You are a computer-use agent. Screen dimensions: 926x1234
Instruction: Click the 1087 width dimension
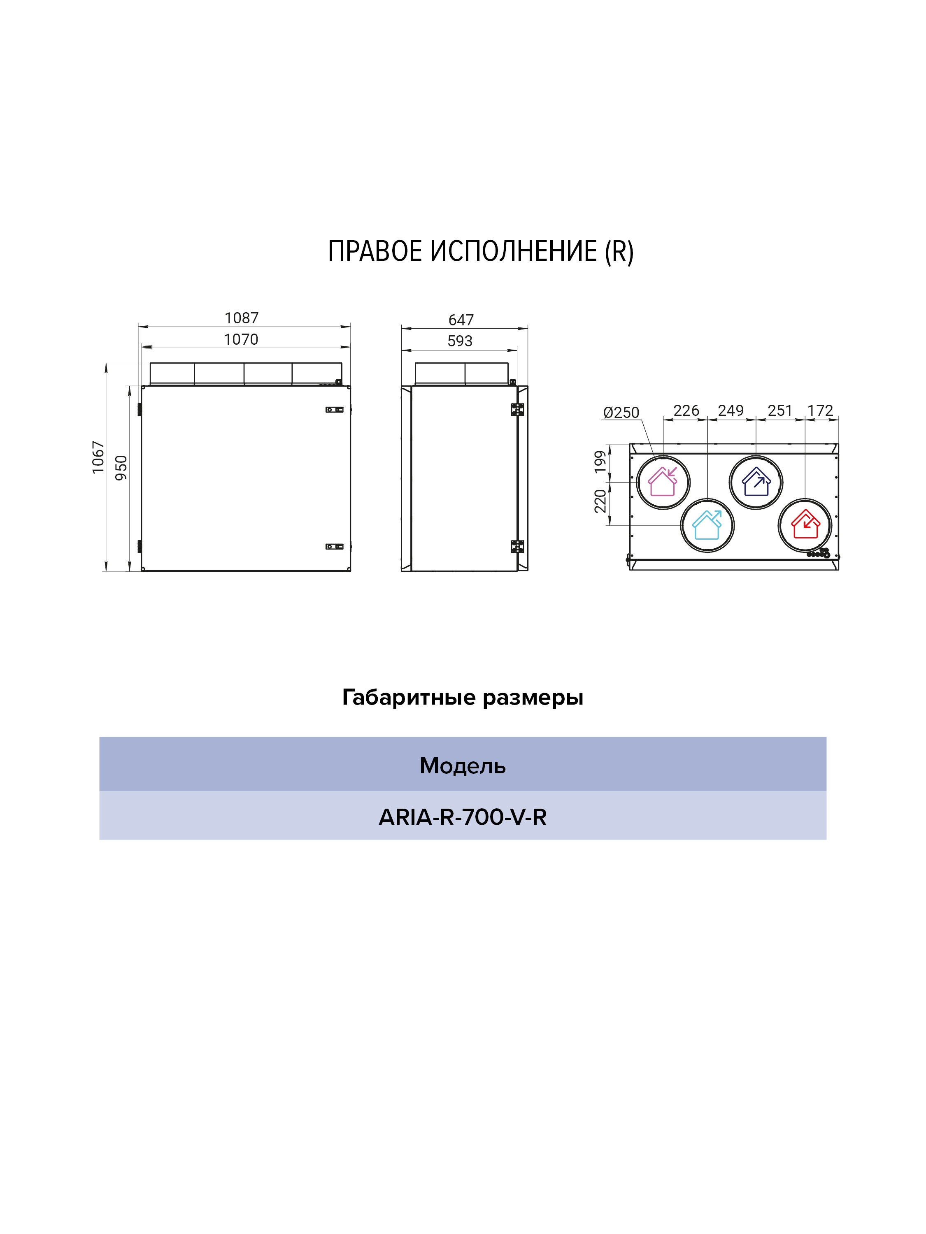(x=241, y=318)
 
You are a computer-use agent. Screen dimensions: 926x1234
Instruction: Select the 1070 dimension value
(x=241, y=339)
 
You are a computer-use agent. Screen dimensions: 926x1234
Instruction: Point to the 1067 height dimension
(x=98, y=457)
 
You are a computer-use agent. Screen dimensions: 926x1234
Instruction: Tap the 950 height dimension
(x=121, y=468)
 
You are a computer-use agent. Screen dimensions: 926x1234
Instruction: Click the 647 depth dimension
(x=461, y=320)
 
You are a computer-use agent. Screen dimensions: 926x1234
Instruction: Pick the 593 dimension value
(x=460, y=341)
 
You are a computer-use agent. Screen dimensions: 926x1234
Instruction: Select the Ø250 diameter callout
(x=621, y=413)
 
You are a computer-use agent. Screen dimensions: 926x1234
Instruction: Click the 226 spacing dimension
(x=686, y=411)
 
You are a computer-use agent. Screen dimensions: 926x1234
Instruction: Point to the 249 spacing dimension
(x=731, y=411)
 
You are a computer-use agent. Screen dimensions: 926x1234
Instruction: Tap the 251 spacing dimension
(x=780, y=411)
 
